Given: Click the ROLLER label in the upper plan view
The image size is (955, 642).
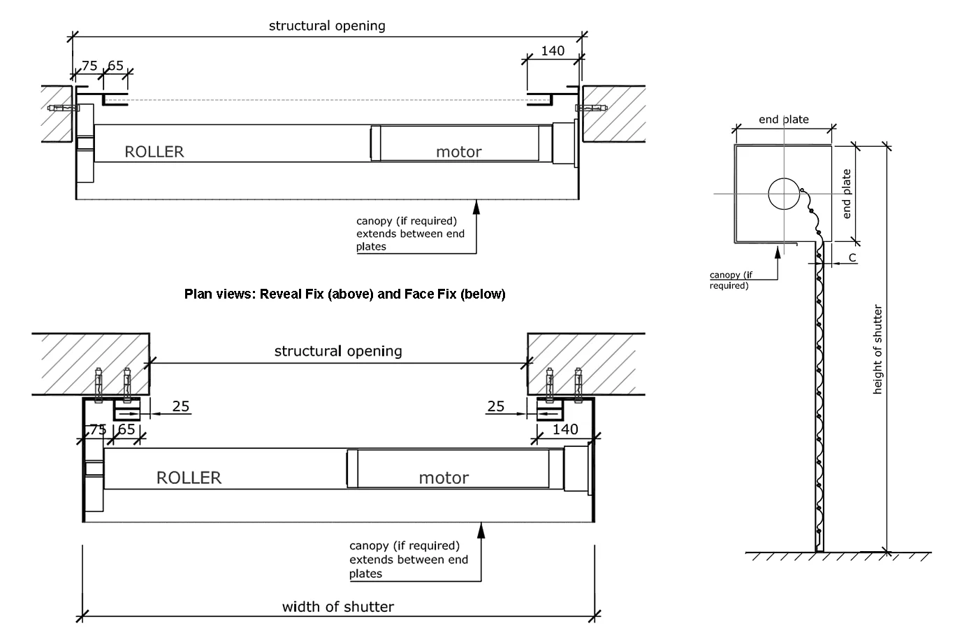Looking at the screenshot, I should coord(154,152).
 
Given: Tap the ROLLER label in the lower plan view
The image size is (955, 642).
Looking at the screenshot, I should coord(189,478).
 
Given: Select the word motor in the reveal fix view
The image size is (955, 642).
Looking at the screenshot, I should coord(458,152).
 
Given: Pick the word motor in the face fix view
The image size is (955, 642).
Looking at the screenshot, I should coord(444,478).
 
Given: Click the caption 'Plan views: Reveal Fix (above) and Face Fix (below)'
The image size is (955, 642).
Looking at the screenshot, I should coord(344,294).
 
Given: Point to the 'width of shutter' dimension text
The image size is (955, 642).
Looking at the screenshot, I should coord(338,606).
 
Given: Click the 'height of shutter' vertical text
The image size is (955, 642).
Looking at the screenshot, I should coord(878,350).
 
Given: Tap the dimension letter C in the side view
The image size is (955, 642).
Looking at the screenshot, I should coord(852,258).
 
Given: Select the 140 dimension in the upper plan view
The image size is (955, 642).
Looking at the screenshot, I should coord(553,51).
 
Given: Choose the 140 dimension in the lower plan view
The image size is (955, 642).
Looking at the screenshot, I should coord(565,429).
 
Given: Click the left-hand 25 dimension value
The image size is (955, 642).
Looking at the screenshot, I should coord(181,406).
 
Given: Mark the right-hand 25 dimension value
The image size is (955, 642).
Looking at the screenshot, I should coord(495,406).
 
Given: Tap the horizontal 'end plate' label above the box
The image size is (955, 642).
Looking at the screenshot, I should coord(784,120).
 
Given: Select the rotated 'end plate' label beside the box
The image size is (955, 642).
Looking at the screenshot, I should coord(847,194).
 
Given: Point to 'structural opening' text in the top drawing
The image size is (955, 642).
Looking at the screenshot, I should coord(327,26).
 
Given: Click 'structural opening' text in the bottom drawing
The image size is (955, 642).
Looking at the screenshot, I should coord(338,350).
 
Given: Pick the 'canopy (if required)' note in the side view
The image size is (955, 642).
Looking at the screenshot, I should coord(731,280).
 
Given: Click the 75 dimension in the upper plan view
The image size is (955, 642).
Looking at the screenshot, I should coord(89,66).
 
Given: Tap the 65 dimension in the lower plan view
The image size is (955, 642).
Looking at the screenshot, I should coord(126,429).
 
